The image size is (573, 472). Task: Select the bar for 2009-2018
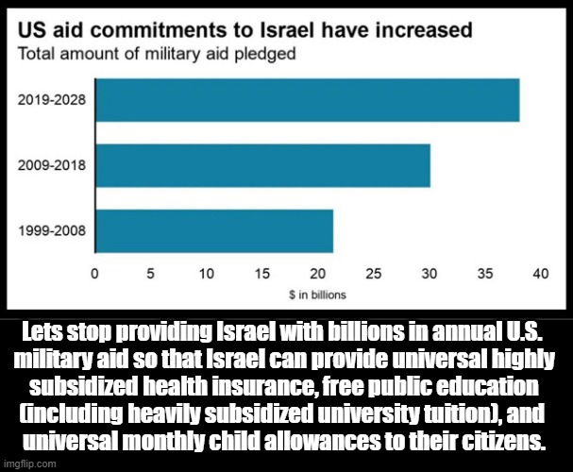(263, 165)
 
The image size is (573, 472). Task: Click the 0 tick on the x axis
(96, 274)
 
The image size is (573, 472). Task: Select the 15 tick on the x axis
(262, 274)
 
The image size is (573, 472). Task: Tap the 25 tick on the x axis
(374, 274)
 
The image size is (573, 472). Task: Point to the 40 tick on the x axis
(541, 274)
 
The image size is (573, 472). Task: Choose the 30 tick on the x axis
(430, 274)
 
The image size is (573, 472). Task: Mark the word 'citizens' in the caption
(500, 442)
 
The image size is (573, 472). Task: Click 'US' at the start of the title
(36, 29)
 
